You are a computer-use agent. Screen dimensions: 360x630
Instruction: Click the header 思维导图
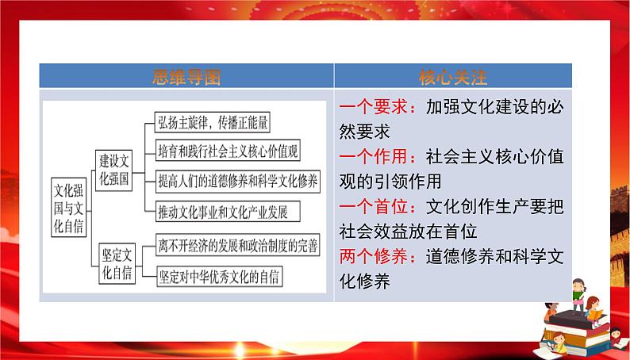pos(186,77)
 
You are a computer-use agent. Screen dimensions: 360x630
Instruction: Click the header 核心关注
pos(452,77)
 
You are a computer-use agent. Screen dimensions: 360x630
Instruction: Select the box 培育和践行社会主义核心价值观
pos(227,151)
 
